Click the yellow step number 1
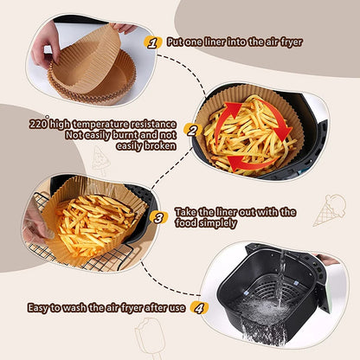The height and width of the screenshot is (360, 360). pyautogui.click(x=154, y=42)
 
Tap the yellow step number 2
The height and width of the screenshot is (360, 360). pyautogui.click(x=192, y=131)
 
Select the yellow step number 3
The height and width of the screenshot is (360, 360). pyautogui.click(x=158, y=216)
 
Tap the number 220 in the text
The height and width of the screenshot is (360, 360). pyautogui.click(x=37, y=124)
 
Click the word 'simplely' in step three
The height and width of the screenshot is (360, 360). pyautogui.click(x=217, y=223)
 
